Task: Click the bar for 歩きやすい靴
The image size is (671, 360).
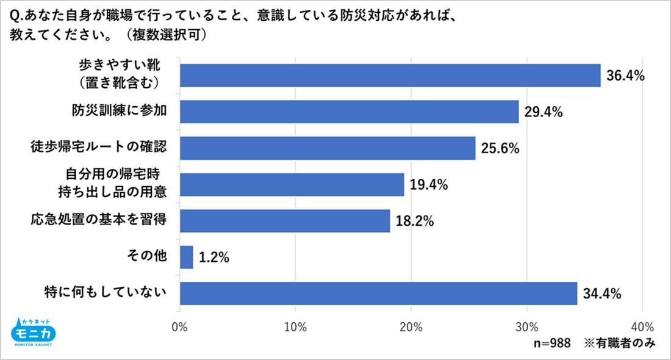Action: pyautogui.click(x=390, y=75)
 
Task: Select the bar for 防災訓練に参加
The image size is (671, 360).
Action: pyautogui.click(x=349, y=111)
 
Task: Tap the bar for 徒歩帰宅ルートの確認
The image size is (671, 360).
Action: pyautogui.click(x=328, y=148)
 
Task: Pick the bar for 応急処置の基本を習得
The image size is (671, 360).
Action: pyautogui.click(x=285, y=221)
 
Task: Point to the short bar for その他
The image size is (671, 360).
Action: pyautogui.click(x=187, y=257)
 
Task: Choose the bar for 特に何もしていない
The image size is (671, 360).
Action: pyautogui.click(x=378, y=293)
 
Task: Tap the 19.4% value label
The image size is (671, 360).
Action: pyautogui.click(x=428, y=185)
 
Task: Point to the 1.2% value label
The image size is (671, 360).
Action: pyautogui.click(x=213, y=257)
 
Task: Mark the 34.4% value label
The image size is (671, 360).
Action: pyautogui.click(x=601, y=293)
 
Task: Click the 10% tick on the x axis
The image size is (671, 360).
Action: pyautogui.click(x=295, y=325)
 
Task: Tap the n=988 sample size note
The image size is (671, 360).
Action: pyautogui.click(x=552, y=344)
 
